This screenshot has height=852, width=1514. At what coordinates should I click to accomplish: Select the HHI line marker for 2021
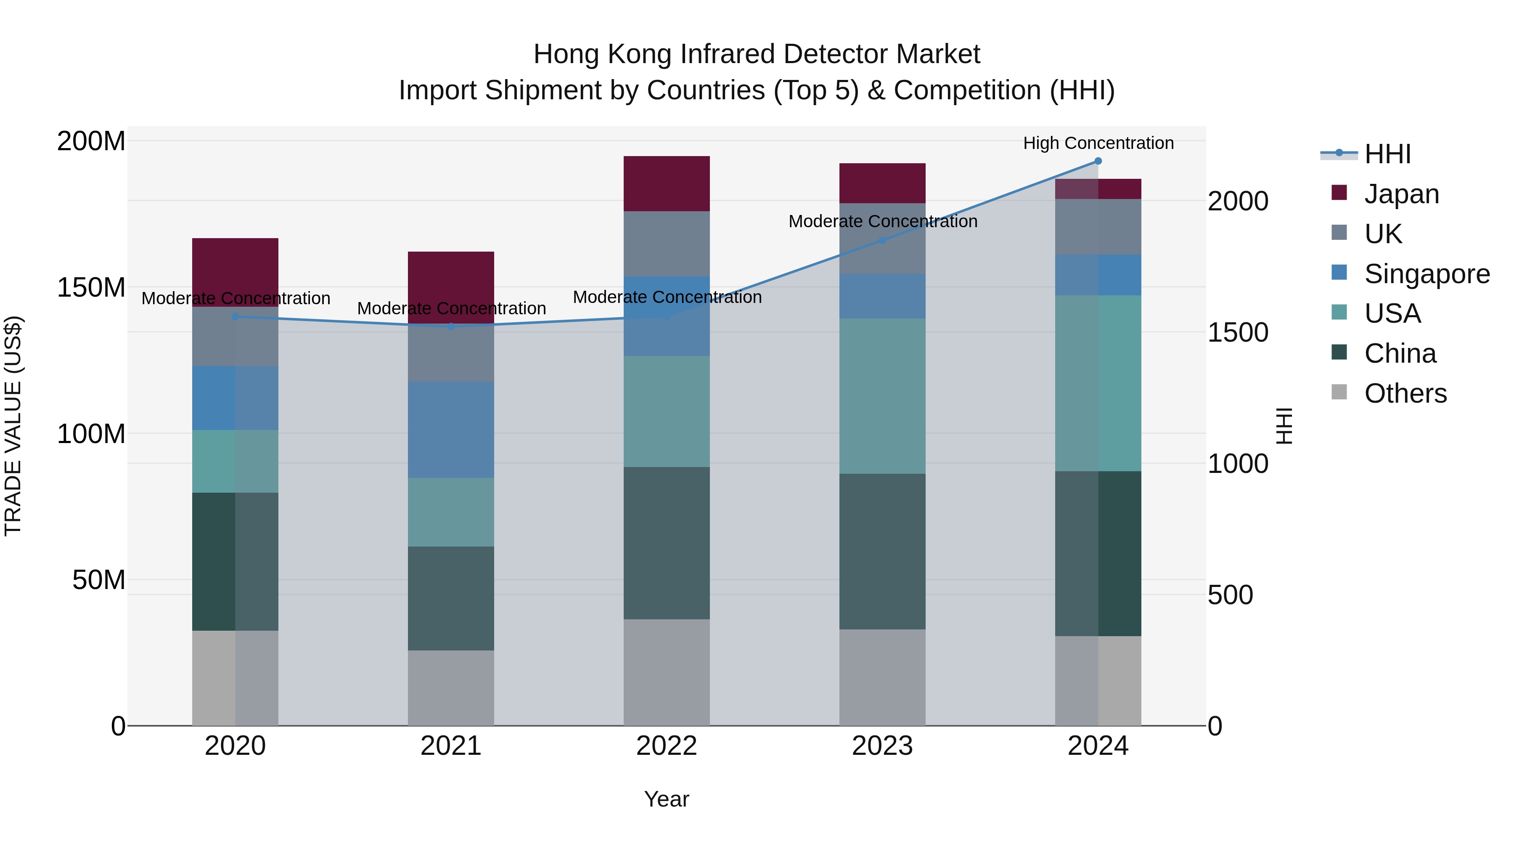click(451, 326)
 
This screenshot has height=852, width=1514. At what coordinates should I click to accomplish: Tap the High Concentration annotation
click(1098, 143)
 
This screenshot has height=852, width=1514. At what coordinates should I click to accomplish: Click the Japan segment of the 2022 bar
click(667, 183)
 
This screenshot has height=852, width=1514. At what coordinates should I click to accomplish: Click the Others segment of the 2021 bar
click(451, 687)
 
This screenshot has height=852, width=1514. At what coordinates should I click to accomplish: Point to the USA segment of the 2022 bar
click(667, 411)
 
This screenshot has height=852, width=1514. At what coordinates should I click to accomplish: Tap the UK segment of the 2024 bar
click(1098, 226)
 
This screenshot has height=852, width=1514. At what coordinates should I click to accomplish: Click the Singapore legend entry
click(1427, 274)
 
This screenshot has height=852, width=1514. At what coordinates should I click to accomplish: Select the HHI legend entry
click(1387, 154)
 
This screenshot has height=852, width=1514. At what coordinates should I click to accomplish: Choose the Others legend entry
click(1405, 393)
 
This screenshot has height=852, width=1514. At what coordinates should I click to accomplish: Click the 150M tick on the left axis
click(91, 287)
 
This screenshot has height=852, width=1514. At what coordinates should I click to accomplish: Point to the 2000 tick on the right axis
click(1237, 201)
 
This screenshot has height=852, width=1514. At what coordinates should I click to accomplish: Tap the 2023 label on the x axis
click(882, 746)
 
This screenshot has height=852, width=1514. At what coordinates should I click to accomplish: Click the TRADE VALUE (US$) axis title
click(13, 426)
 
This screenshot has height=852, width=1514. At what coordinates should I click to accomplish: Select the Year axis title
click(667, 799)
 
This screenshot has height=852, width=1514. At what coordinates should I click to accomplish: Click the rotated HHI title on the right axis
click(1285, 426)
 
